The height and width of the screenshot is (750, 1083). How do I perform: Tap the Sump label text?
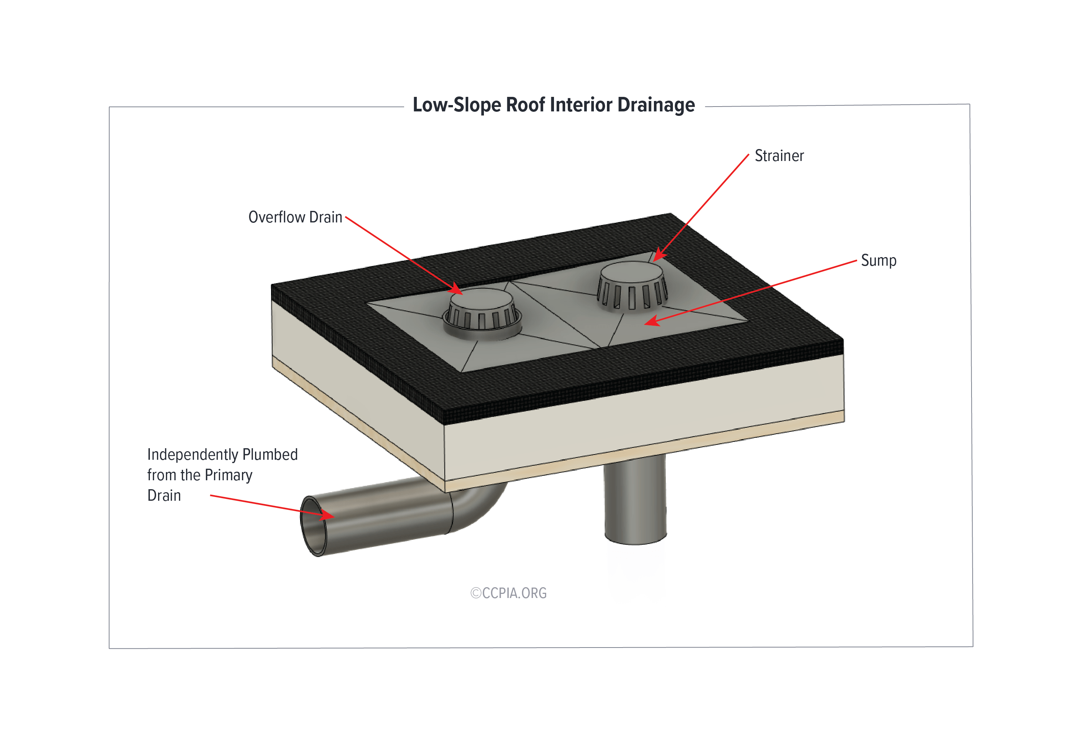pyautogui.click(x=878, y=261)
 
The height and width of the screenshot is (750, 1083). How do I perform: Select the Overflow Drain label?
pyautogui.click(x=295, y=217)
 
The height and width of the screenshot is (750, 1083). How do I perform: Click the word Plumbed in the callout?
pyautogui.click(x=270, y=455)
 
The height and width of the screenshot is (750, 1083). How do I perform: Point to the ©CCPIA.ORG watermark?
pyautogui.click(x=509, y=593)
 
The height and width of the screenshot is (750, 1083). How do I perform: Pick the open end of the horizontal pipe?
pyautogui.click(x=313, y=526)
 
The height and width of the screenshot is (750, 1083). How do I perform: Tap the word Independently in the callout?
pyautogui.click(x=192, y=455)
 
